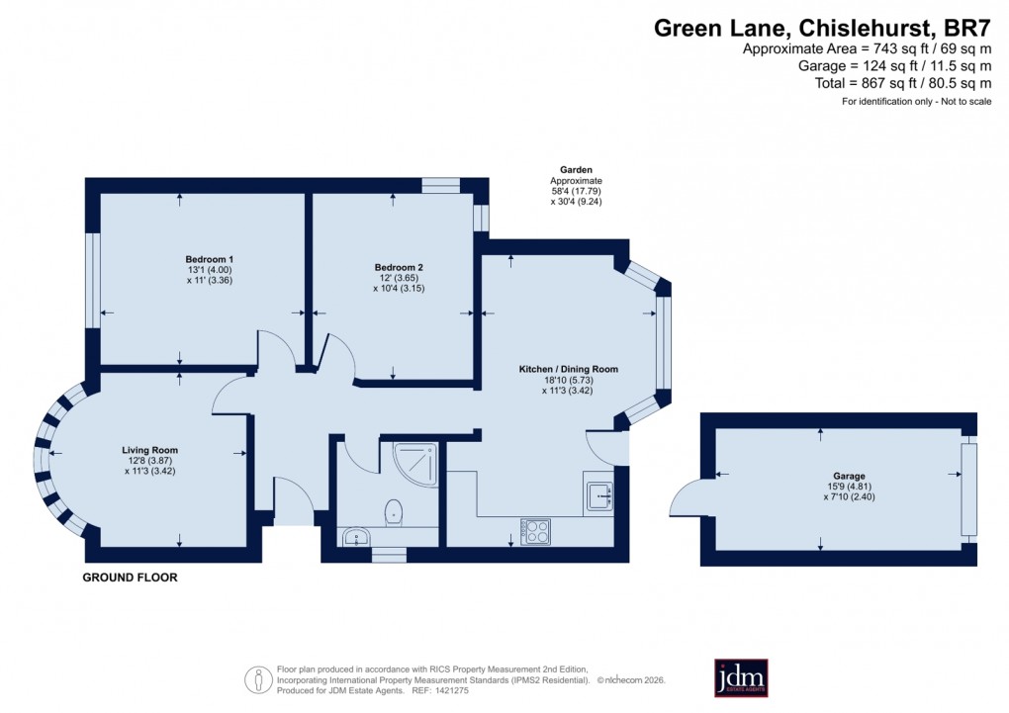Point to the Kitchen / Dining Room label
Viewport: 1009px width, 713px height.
(x=568, y=369)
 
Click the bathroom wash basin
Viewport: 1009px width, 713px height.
(x=355, y=537)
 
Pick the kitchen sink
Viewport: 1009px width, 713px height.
(x=599, y=493)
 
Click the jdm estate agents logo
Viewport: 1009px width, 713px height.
(x=741, y=677)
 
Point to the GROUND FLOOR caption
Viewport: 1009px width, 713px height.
(x=130, y=578)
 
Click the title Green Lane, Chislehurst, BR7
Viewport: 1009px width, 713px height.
(x=822, y=28)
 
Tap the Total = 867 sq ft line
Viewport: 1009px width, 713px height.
(x=902, y=84)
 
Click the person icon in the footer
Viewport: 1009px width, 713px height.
(x=258, y=679)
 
